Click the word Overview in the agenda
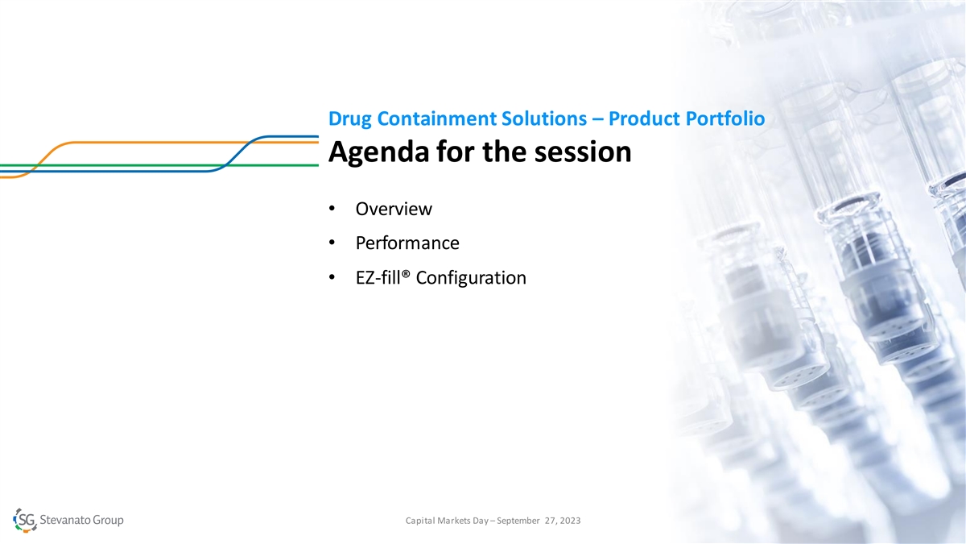tap(394, 209)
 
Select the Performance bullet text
tap(407, 243)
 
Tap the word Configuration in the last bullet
tap(471, 277)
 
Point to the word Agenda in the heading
tap(378, 152)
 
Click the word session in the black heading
tap(583, 152)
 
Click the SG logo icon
tap(25, 520)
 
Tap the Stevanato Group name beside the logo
tap(81, 520)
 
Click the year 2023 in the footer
tap(570, 521)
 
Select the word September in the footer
tap(518, 521)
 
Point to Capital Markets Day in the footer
tap(447, 521)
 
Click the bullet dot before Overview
tap(332, 209)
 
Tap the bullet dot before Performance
tap(332, 243)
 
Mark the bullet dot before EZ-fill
tap(332, 277)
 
